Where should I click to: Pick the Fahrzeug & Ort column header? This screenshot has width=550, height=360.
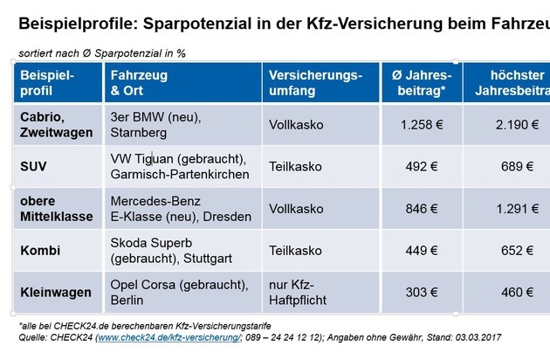(138, 83)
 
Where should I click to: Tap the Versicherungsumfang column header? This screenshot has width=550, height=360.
(315, 83)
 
